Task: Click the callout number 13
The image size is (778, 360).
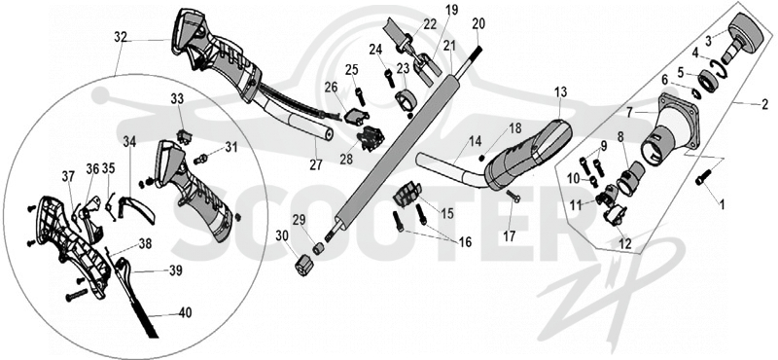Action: point(560,91)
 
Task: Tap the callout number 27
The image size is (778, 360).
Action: point(316,164)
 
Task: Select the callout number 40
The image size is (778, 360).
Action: point(185,313)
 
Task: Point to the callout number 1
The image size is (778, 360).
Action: point(722,202)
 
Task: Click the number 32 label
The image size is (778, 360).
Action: point(121,37)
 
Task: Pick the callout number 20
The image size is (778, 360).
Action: point(478,22)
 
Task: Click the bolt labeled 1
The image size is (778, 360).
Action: point(703,178)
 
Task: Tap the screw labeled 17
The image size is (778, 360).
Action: point(513,197)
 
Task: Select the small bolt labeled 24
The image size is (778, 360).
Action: point(390,78)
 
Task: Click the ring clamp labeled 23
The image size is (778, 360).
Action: point(407,101)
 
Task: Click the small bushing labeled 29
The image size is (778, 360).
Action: point(318,248)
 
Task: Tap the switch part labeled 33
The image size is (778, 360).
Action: point(184,136)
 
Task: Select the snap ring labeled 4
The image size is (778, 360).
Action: point(719,67)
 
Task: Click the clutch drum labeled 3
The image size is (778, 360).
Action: point(742,34)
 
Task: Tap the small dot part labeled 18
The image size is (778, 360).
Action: point(480,159)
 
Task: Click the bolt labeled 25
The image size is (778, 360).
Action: point(360,96)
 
